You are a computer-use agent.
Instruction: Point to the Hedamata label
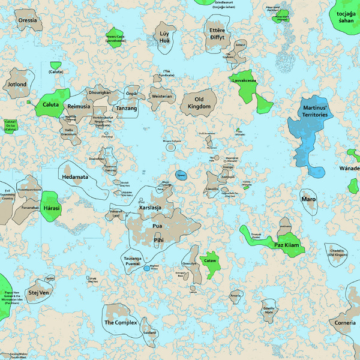point(75,178)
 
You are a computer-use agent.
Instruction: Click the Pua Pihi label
point(158,233)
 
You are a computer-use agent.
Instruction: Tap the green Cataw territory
point(210,264)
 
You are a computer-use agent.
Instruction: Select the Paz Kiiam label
point(286,245)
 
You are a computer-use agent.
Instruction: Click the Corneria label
point(345,323)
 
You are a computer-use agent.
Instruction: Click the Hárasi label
point(52,208)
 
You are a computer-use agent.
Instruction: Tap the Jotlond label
point(17,85)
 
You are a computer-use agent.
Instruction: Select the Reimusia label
point(79,106)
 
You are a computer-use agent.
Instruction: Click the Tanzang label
point(127,109)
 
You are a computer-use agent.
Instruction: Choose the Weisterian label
point(161,96)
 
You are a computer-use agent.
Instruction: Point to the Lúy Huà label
point(164,38)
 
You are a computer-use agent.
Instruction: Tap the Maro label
point(308,198)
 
